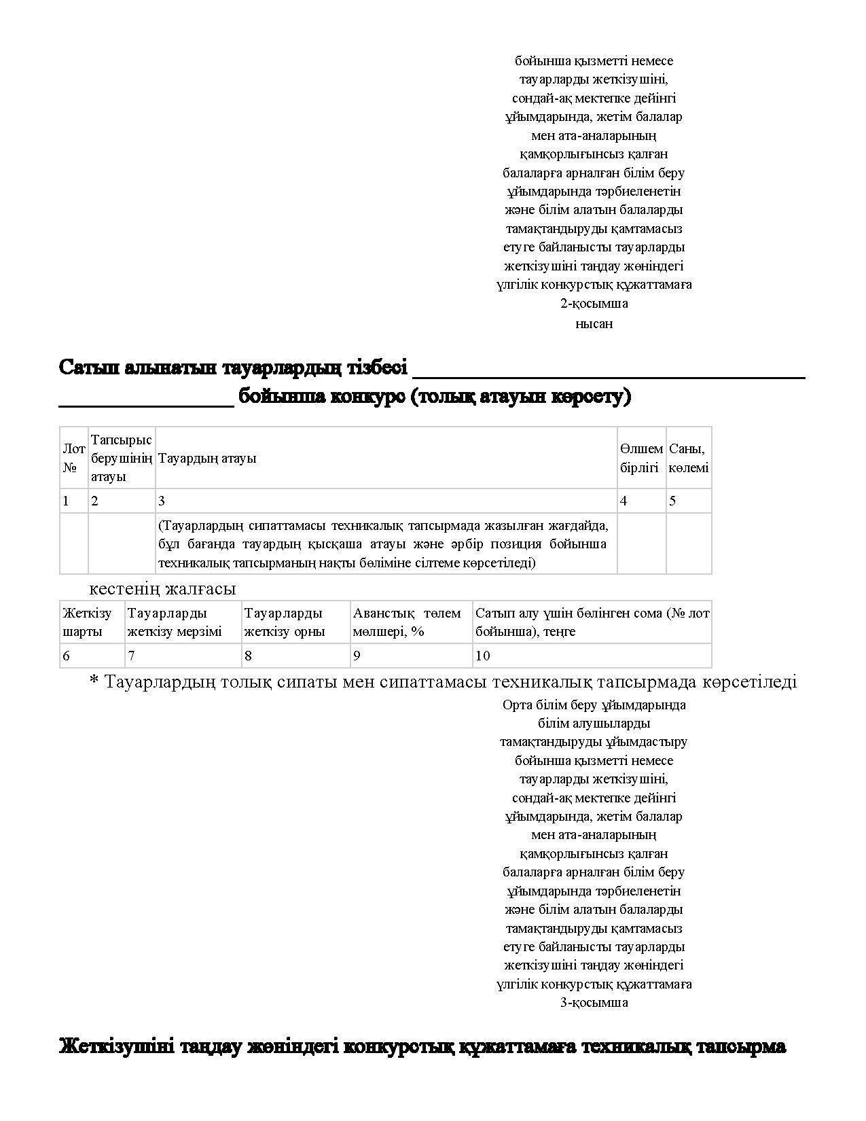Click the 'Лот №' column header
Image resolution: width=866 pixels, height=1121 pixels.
73,458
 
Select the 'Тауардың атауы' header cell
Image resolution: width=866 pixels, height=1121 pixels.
207,458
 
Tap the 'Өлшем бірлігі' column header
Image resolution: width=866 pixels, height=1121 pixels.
641,458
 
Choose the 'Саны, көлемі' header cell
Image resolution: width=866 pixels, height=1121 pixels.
689,458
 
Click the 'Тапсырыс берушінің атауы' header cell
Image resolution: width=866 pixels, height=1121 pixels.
122,458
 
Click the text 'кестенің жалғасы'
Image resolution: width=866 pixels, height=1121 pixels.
162,588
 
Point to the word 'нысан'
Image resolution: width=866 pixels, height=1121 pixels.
594,324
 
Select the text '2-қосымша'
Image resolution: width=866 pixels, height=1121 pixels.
594,304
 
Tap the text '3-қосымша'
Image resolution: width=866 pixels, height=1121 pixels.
594,1003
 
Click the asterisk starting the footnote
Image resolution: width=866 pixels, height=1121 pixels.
94,680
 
